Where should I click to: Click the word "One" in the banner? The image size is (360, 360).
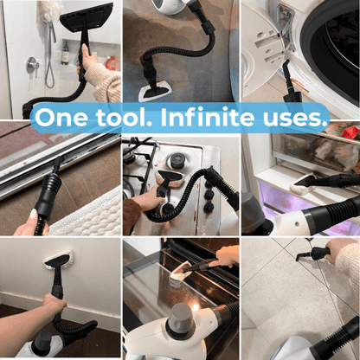click(x=61, y=118)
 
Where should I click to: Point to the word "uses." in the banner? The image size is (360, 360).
click(x=296, y=119)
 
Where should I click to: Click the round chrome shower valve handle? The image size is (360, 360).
click(x=32, y=65)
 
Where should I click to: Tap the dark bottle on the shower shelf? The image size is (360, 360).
click(x=66, y=53)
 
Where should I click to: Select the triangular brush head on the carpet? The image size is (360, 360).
click(x=155, y=93)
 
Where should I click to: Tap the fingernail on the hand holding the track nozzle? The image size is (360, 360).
click(x=33, y=215)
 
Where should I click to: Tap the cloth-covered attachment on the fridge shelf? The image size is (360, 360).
click(x=303, y=183)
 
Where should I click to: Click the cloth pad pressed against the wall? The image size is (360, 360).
click(x=58, y=258)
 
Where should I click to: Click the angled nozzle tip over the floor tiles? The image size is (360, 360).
click(x=299, y=257)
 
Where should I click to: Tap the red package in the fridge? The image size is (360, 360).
click(x=350, y=132)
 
